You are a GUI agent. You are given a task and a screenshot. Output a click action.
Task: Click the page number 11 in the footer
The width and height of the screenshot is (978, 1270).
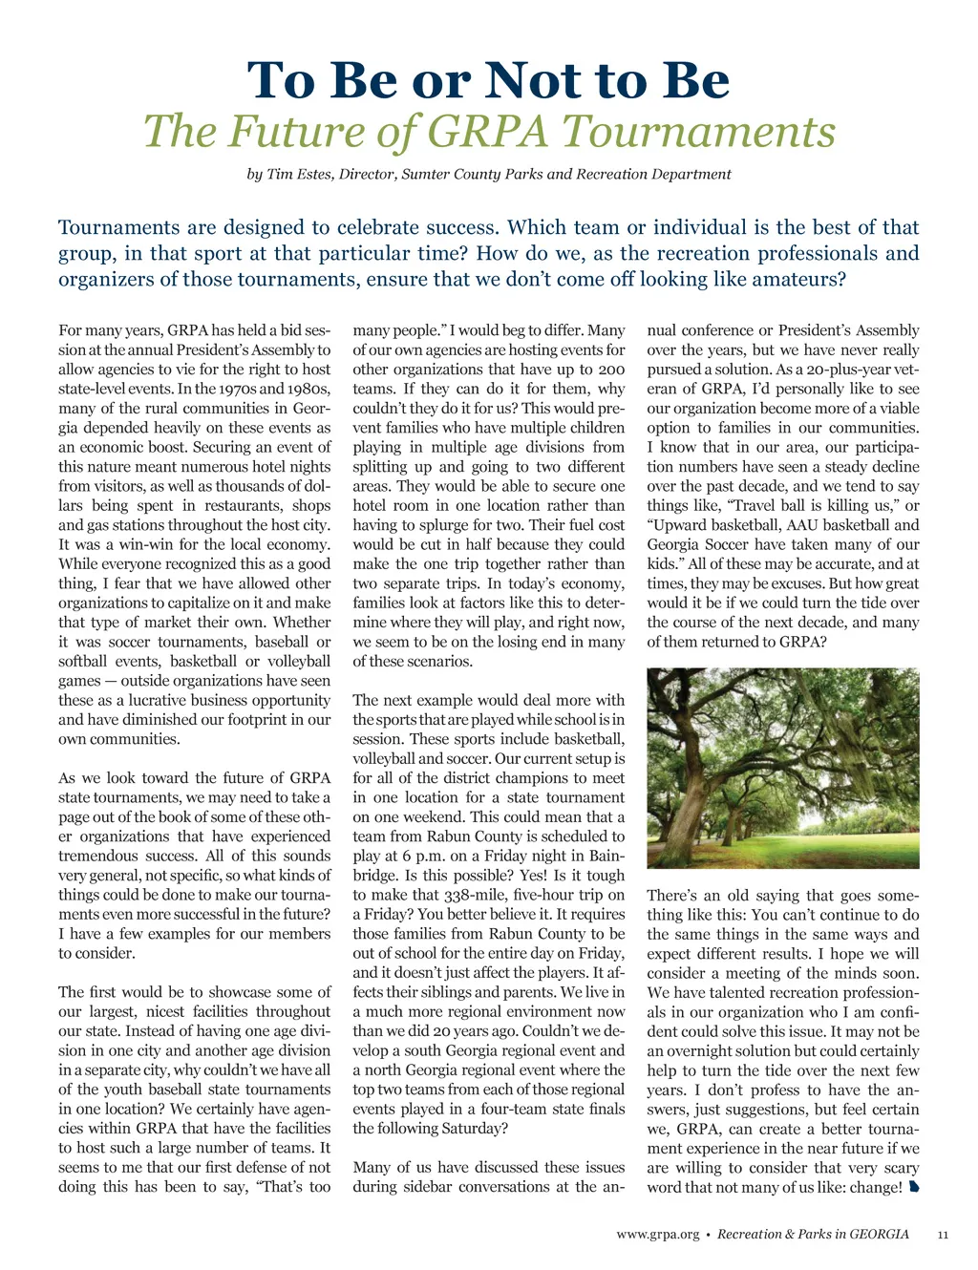943,1235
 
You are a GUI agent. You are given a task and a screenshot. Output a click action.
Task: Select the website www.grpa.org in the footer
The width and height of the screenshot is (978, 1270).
657,1235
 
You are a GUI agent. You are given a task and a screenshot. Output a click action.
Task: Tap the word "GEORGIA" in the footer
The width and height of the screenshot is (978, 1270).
879,1234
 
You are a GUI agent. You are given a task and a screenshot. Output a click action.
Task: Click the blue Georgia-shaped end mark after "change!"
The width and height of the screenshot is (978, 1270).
913,1188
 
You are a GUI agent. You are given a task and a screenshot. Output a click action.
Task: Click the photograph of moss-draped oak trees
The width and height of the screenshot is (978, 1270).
782,768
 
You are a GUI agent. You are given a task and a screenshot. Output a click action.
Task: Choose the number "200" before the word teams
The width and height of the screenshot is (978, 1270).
611,370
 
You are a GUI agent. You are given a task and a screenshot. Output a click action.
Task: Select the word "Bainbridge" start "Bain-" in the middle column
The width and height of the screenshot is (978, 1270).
606,856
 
